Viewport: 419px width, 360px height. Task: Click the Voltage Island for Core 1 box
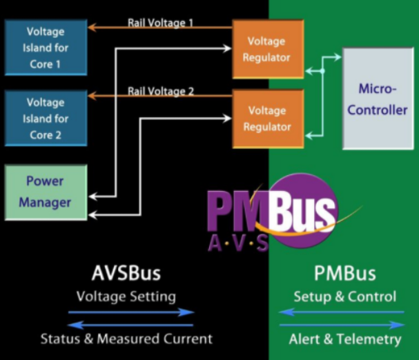[46, 48]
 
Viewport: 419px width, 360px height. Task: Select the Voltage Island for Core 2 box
[46, 119]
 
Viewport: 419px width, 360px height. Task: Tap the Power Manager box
[46, 192]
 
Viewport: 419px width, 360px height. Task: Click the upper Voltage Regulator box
[266, 49]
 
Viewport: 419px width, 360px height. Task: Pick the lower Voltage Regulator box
[266, 119]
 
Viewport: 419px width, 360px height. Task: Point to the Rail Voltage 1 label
[160, 22]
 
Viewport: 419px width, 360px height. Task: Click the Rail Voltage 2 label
[160, 91]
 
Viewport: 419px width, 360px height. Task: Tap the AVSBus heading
[126, 273]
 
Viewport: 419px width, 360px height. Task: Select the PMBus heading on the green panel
[344, 273]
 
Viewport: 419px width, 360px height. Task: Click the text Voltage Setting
[126, 297]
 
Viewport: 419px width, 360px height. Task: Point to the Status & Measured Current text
[126, 339]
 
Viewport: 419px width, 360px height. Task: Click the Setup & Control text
[344, 297]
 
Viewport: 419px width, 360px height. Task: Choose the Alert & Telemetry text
[344, 339]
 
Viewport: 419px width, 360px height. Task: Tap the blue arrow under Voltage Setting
[130, 312]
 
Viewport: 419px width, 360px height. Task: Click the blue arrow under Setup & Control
[342, 312]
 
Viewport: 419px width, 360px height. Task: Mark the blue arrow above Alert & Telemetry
[342, 325]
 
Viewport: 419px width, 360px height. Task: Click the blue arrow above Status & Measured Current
[130, 325]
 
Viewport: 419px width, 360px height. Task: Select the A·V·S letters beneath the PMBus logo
[238, 242]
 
